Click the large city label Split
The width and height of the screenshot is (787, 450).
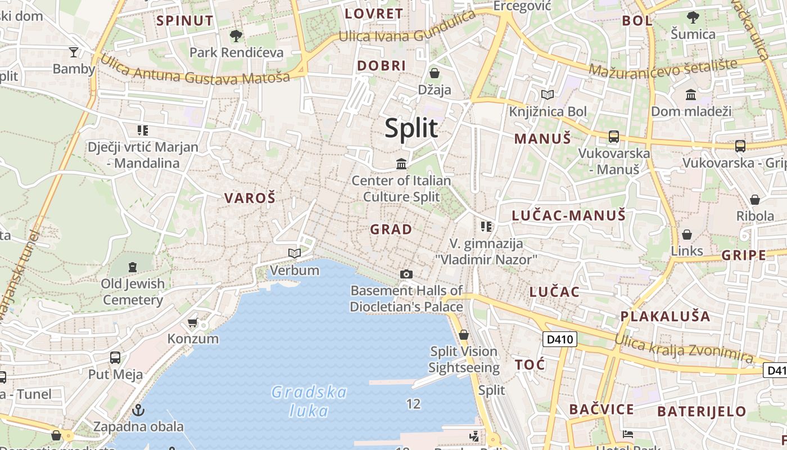[x=411, y=128]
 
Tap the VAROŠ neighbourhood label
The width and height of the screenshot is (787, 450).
[x=250, y=198]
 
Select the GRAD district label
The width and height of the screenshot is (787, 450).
[x=391, y=229]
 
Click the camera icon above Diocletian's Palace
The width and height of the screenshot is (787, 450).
[x=406, y=274]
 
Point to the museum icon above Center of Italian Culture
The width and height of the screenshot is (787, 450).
[x=401, y=164]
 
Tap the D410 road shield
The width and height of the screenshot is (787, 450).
[x=560, y=339]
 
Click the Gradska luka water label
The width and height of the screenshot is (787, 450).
[x=309, y=400]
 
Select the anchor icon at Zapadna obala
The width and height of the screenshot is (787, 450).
[x=138, y=410]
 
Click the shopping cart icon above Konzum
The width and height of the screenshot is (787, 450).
[x=193, y=322]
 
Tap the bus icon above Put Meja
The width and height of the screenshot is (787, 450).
[x=115, y=357]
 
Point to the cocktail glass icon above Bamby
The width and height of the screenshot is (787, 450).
[x=74, y=52]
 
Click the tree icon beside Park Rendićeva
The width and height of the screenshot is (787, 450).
[x=236, y=36]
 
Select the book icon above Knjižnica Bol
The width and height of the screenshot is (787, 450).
[x=547, y=94]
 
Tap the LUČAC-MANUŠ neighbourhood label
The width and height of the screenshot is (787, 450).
[x=568, y=215]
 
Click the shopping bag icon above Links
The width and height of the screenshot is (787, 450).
[x=687, y=235]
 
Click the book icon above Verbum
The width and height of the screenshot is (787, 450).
[x=295, y=253]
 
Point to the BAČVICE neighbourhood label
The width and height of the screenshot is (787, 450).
[x=601, y=409]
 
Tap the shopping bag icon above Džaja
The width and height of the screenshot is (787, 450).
[x=435, y=73]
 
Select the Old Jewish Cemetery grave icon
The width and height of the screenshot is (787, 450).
[x=133, y=267]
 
